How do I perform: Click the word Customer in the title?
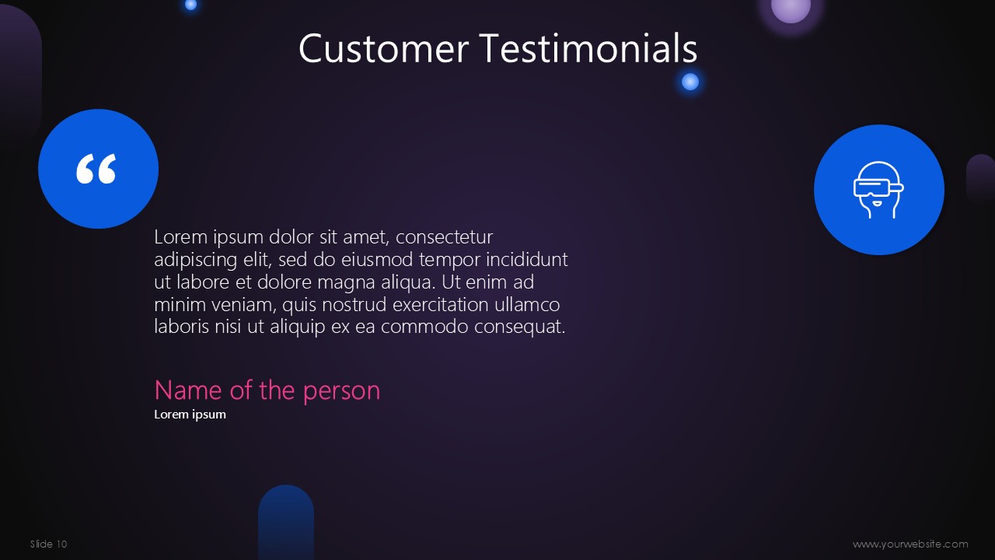[384, 48]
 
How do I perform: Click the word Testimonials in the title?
[588, 47]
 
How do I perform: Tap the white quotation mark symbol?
[96, 169]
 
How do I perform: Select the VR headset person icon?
[878, 190]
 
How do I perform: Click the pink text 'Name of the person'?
[267, 390]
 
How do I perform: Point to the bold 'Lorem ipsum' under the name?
[190, 415]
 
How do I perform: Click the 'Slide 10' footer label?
[48, 544]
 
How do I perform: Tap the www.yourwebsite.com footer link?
[910, 544]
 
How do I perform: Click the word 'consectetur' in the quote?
[444, 237]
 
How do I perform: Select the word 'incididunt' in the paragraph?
[527, 259]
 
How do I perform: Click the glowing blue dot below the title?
[690, 82]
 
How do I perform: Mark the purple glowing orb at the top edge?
[791, 7]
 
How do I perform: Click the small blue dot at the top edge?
[190, 5]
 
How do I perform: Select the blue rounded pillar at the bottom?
[286, 522]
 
